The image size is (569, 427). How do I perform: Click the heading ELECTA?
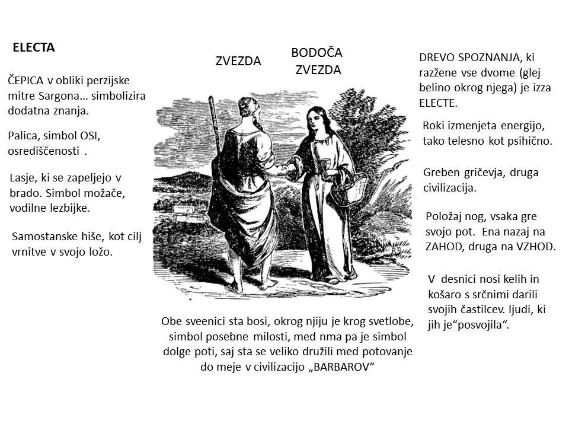click(34, 48)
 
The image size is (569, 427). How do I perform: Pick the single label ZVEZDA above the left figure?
click(238, 60)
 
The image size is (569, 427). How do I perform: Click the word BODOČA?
click(317, 53)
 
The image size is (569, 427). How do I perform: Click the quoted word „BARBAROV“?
click(342, 366)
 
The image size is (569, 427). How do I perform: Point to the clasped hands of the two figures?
click(286, 170)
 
